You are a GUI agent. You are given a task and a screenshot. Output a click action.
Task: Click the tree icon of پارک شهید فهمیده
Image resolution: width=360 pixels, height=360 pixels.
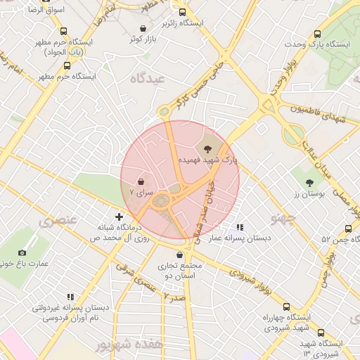click(x=207, y=148)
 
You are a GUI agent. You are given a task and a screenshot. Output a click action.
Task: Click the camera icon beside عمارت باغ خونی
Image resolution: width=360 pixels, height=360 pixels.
click(x=22, y=252)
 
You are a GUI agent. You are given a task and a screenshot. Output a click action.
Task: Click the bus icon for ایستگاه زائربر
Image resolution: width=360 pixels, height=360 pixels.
click(x=183, y=12)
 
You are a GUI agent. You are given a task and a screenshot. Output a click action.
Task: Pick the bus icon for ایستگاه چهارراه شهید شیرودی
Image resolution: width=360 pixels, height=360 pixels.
click(x=286, y=307)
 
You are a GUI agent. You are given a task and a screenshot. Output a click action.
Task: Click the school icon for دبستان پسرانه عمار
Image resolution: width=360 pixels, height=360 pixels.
click(x=240, y=227)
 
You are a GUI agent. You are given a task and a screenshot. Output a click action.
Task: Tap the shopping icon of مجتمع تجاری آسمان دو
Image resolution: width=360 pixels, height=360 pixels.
click(x=181, y=255)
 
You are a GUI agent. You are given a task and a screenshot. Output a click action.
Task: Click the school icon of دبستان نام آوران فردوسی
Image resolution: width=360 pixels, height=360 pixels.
click(x=70, y=297)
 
